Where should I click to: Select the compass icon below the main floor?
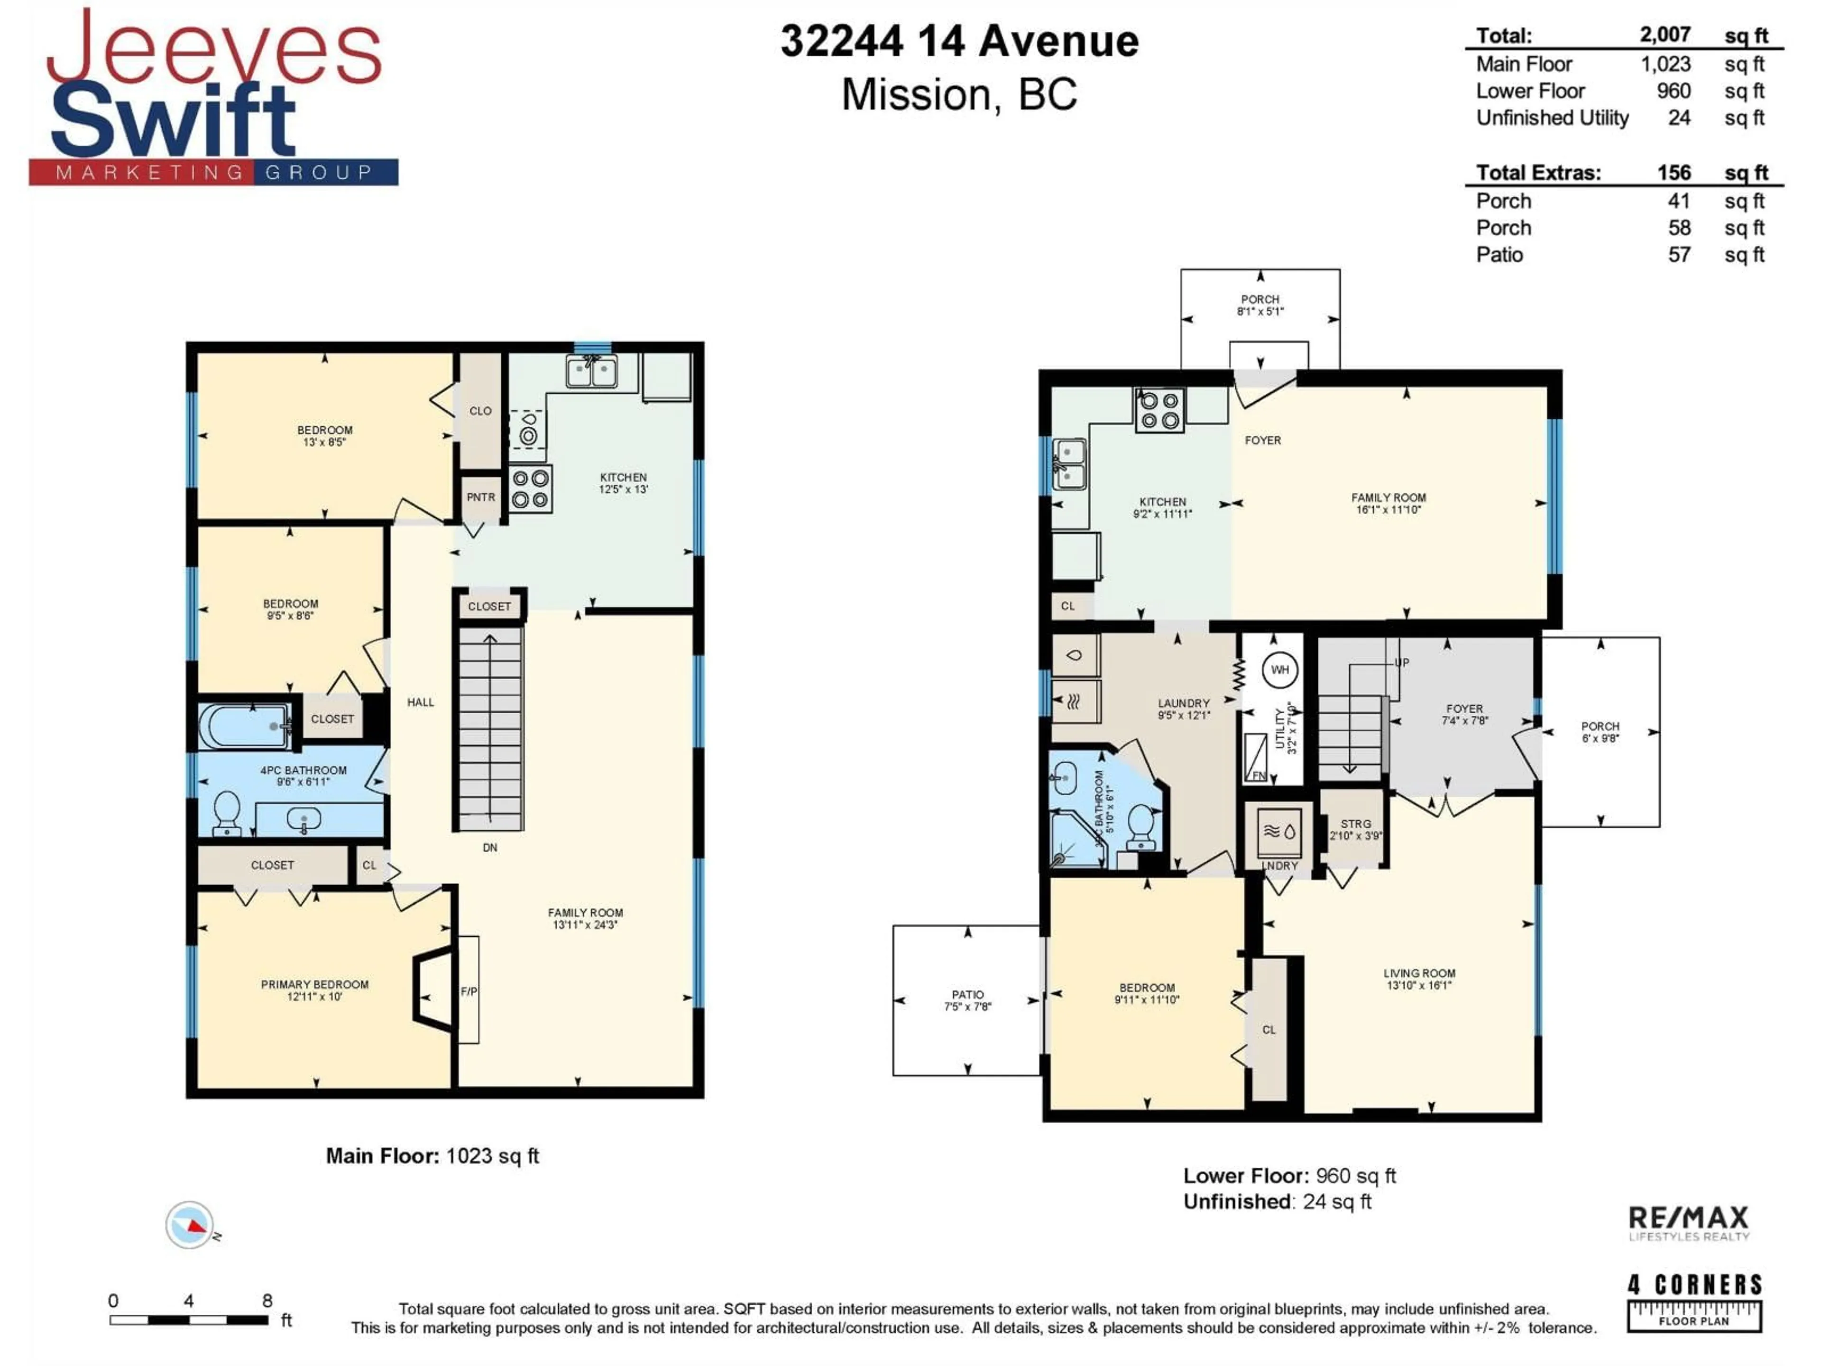click(x=190, y=1224)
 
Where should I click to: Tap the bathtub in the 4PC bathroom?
click(x=245, y=725)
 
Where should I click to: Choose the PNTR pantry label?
click(x=481, y=498)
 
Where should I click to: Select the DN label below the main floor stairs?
click(x=490, y=847)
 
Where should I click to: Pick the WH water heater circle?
click(x=1279, y=669)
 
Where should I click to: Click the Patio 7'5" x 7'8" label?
click(x=967, y=999)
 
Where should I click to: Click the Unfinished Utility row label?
click(x=1552, y=118)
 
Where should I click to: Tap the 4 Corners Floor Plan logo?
click(x=1694, y=1302)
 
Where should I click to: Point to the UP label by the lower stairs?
click(x=1401, y=663)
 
